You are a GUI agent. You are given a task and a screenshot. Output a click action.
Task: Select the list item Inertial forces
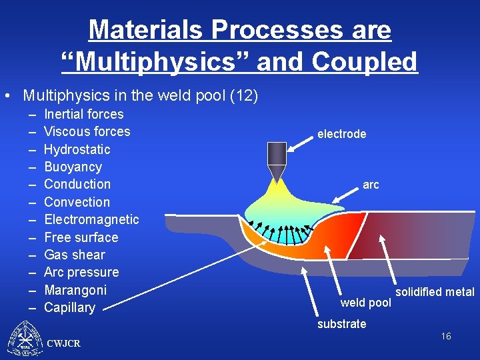pos(83,114)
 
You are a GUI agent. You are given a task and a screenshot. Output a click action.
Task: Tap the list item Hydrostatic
pos(77,149)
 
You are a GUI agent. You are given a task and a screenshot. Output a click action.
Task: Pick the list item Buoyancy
pos(73,167)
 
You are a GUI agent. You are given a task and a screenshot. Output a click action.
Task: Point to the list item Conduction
pos(77,184)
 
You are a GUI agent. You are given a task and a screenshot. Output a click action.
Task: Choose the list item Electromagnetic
pos(91,219)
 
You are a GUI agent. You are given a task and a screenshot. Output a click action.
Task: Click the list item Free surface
pos(81,237)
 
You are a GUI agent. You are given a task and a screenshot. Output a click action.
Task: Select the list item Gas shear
pos(74,255)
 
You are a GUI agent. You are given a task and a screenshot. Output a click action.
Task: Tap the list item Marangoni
pos(75,290)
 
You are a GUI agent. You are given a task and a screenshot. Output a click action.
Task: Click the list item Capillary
pos(69,307)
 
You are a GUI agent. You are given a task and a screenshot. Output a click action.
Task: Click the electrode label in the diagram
pos(341,134)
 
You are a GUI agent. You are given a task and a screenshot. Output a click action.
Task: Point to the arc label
pos(371,185)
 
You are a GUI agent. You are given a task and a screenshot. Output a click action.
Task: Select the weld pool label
pos(365,303)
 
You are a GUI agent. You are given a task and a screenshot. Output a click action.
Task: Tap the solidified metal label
pos(435,292)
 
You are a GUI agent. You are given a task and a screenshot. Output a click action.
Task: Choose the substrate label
pos(341,324)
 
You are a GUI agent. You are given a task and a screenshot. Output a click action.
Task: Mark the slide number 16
pos(445,336)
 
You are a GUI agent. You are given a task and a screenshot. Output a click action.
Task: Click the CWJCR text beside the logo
pos(64,343)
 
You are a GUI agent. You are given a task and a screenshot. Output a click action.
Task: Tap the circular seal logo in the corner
pos(25,339)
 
